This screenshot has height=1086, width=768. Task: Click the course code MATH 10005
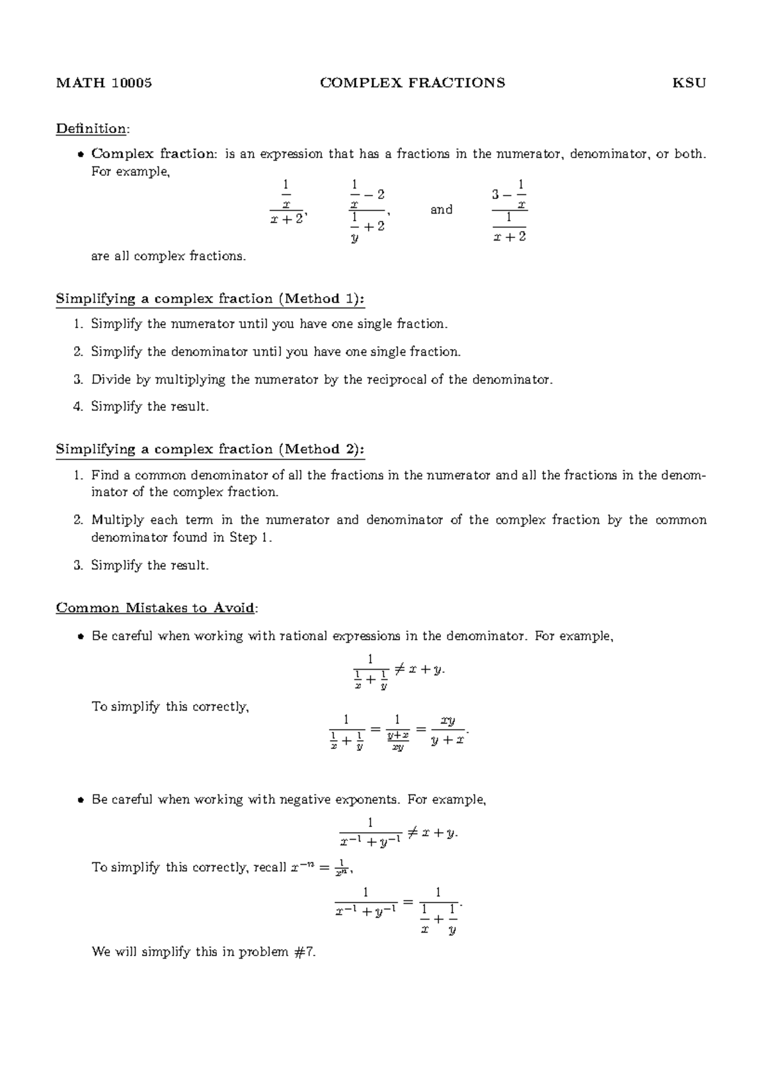(104, 83)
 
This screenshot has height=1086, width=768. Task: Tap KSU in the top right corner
(689, 83)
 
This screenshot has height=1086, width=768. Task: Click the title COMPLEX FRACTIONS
(412, 83)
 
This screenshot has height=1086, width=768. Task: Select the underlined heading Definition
(92, 129)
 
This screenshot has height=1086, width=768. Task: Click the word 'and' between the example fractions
(441, 209)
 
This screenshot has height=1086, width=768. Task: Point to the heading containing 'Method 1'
(211, 299)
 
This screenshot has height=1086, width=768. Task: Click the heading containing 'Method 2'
(211, 449)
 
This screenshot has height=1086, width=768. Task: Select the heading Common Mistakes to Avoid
(156, 608)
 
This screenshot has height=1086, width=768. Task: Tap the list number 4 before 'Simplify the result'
(77, 406)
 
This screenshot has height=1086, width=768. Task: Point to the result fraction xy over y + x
(447, 730)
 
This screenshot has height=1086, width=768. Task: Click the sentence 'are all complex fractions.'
(168, 256)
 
